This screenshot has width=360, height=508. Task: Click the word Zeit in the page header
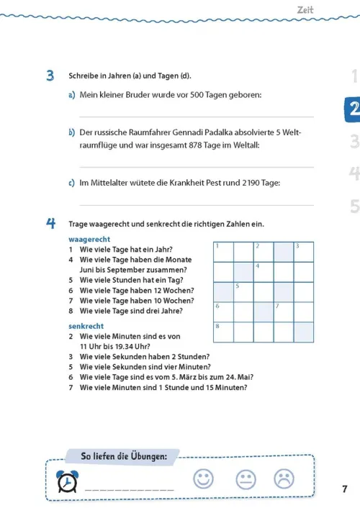click(x=305, y=10)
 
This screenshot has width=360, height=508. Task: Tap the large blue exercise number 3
click(x=50, y=76)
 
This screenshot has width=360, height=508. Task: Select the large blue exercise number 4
click(x=50, y=223)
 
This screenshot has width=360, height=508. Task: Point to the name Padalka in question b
click(x=219, y=132)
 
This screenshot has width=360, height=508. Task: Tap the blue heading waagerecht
click(x=89, y=239)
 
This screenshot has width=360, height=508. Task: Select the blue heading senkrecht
click(x=86, y=326)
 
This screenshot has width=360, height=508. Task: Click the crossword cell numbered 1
click(x=223, y=252)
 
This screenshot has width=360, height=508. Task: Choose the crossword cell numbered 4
click(x=264, y=272)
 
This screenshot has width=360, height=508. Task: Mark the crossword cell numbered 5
click(x=243, y=292)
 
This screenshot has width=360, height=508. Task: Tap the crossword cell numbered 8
click(x=223, y=332)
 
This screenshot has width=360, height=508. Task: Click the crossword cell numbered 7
click(x=284, y=312)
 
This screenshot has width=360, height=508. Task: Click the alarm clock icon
click(x=68, y=481)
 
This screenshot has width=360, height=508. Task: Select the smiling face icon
click(x=203, y=478)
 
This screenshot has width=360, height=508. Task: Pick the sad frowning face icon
click(x=284, y=478)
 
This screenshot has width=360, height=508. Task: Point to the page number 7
click(x=345, y=489)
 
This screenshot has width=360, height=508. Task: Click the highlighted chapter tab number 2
click(x=353, y=109)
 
